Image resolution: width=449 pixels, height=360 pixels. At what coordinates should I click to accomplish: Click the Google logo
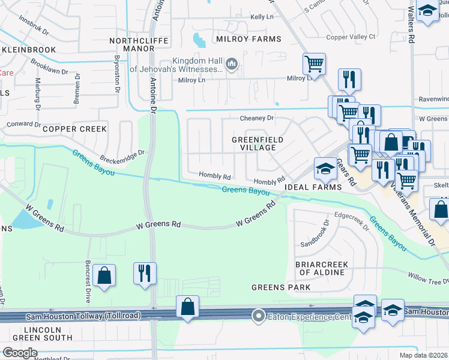pos(20,353)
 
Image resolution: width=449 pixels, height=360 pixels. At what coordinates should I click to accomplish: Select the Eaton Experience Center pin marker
pos(259,314)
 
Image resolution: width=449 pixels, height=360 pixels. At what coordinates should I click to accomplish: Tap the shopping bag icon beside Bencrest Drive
pos(104,276)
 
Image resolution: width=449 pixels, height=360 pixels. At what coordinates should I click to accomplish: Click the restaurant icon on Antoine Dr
pos(145,273)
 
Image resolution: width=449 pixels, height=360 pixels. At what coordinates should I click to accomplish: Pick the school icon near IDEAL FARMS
pos(325,169)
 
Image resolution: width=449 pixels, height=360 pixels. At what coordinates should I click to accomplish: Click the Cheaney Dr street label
pos(257,118)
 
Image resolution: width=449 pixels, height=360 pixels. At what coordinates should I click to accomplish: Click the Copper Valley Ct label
pos(351,37)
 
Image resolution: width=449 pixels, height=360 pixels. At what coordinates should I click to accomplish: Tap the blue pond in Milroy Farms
pos(198,40)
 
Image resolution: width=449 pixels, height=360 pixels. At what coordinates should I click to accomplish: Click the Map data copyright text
pos(423,355)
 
